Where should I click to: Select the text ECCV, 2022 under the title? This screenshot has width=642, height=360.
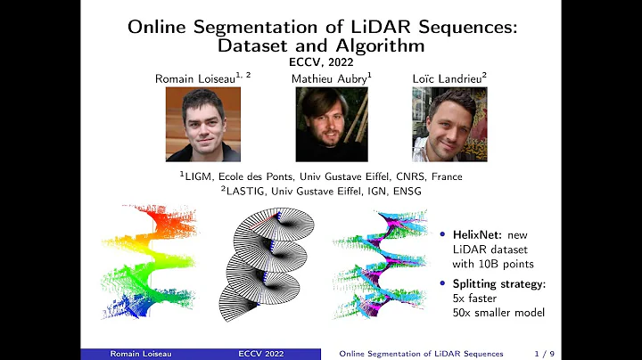point(320,63)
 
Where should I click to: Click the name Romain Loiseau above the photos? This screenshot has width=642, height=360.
point(199,78)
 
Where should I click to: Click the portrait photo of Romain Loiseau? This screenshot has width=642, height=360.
point(203,124)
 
